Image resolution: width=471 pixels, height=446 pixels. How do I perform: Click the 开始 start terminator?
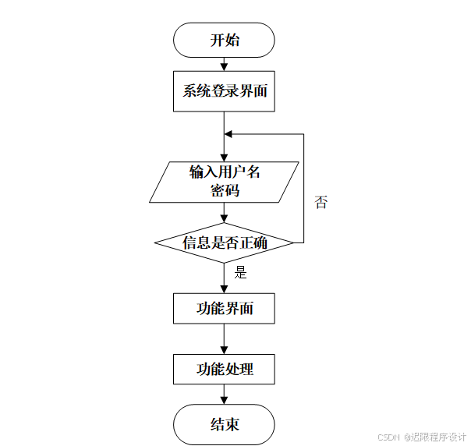point(225,40)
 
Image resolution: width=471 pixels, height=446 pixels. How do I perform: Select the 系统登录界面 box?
point(225,91)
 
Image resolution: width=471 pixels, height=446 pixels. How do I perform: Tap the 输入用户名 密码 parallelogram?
point(225,181)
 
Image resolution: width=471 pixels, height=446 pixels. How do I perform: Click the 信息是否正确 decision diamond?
point(225,242)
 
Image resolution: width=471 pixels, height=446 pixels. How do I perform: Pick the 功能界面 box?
point(225,308)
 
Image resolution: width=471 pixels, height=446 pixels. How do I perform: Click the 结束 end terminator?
point(225,424)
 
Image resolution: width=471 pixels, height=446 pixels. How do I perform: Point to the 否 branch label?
point(320,203)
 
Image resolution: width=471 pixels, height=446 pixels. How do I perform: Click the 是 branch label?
point(240,273)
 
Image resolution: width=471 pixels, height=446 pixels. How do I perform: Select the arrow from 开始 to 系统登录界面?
point(225,64)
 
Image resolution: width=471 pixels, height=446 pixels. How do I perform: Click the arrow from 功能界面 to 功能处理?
point(225,338)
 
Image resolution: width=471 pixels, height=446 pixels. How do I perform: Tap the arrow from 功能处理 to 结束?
point(225,395)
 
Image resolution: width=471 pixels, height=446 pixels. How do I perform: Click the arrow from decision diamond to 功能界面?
point(225,277)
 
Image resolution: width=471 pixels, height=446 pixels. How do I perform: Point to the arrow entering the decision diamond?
point(225,213)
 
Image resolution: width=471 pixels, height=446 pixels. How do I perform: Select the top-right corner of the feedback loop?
point(303,134)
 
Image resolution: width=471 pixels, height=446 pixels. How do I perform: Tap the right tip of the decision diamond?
point(294,242)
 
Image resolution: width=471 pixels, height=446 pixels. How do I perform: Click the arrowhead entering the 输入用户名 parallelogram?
point(225,157)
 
